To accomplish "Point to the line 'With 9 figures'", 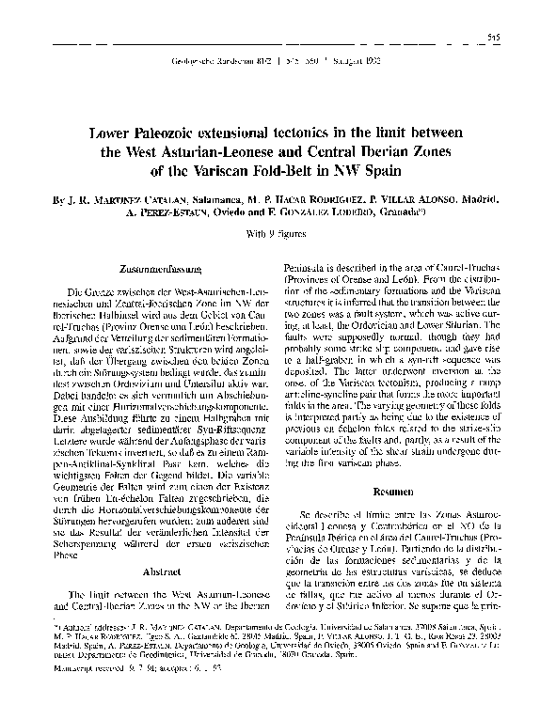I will (x=278, y=230).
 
